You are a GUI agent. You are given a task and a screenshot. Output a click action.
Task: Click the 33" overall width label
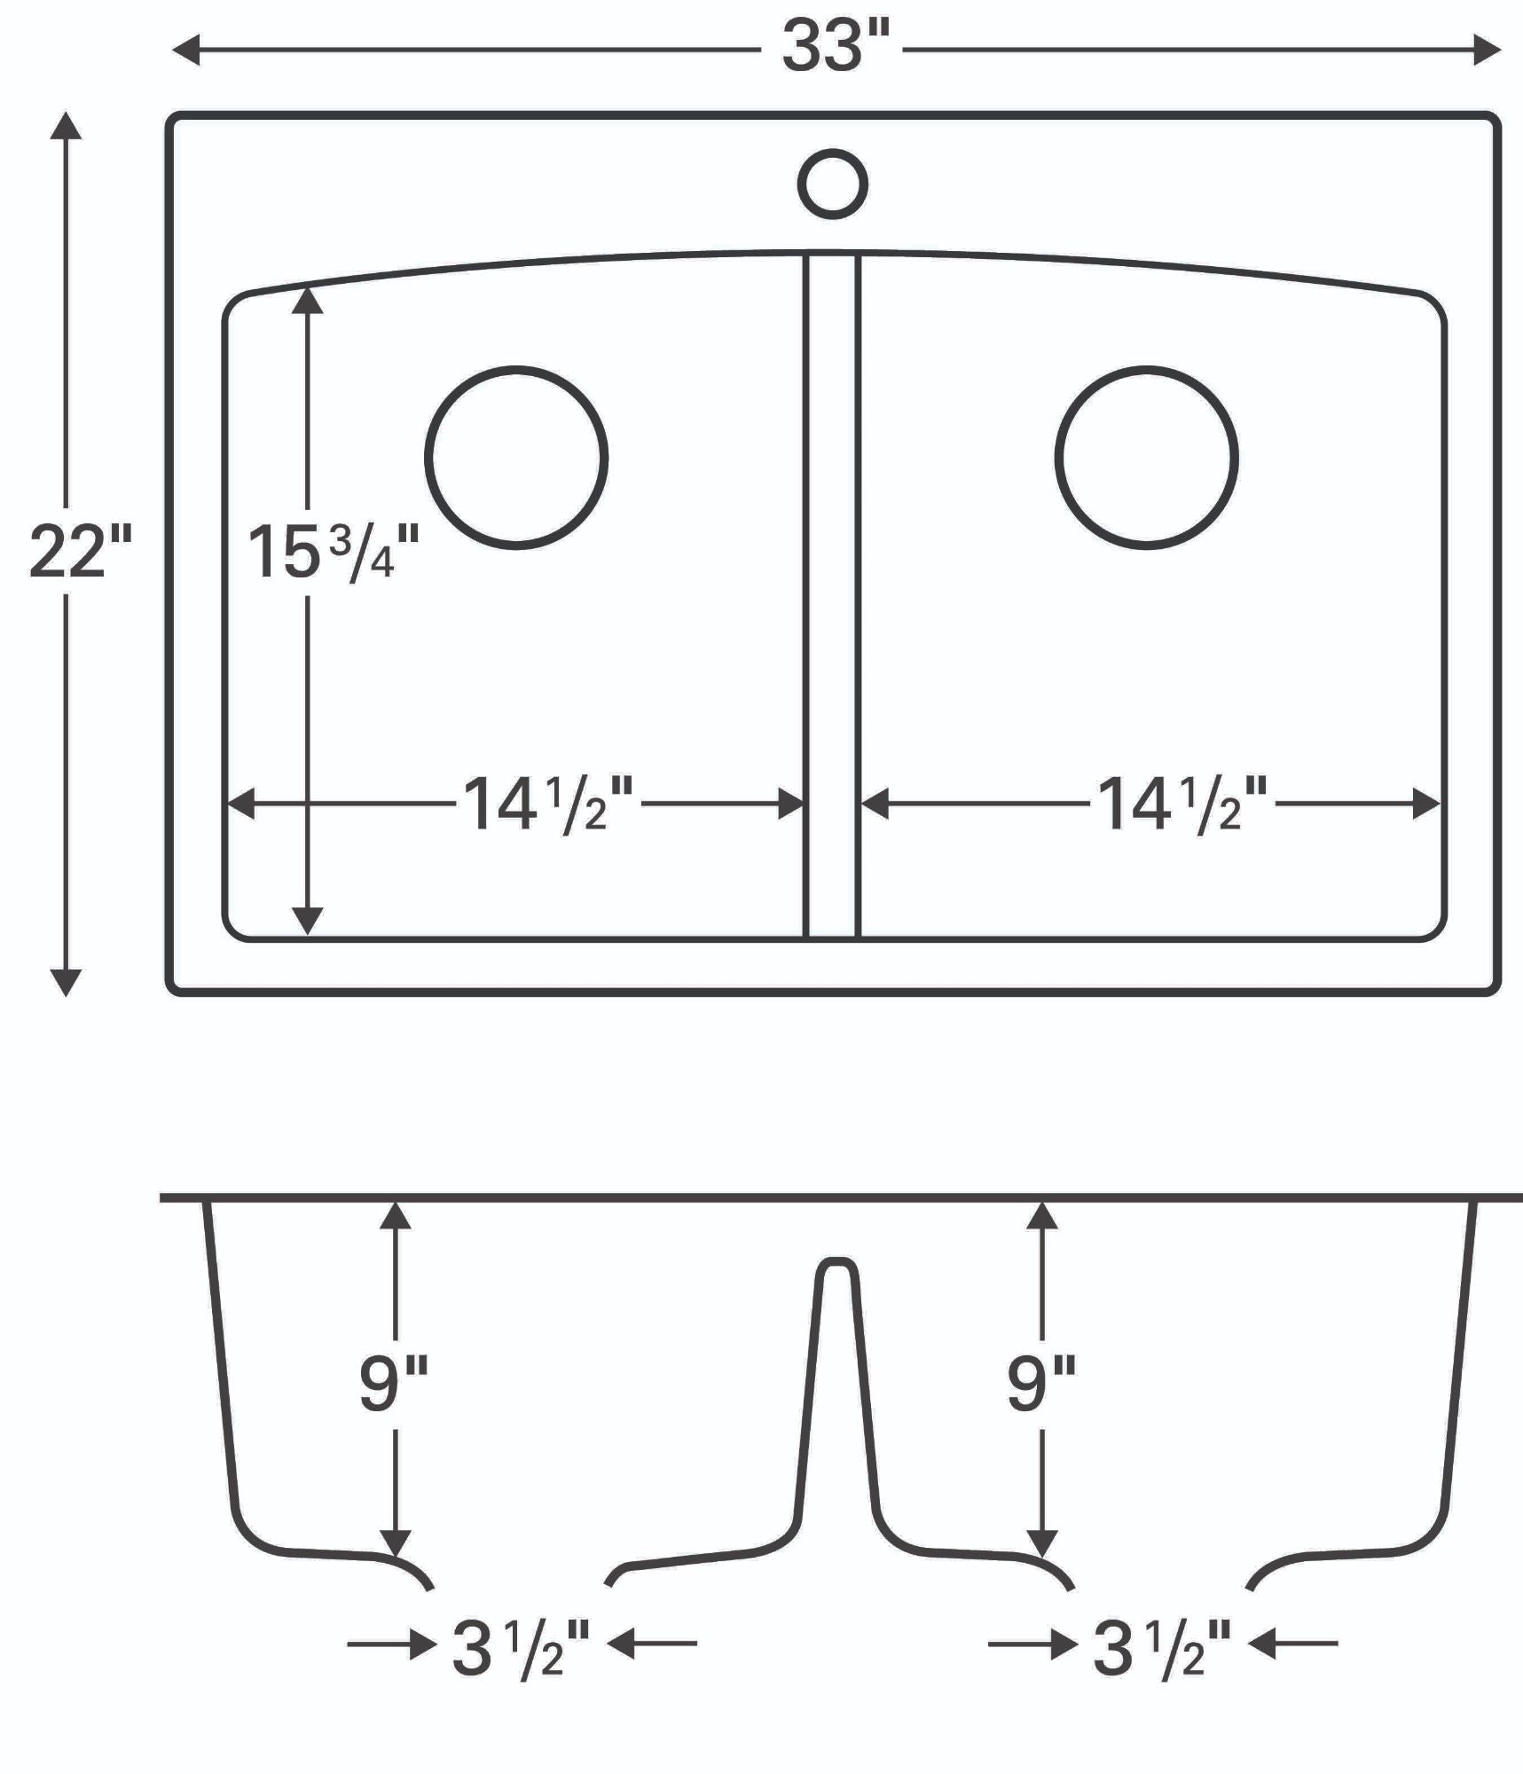[834, 47]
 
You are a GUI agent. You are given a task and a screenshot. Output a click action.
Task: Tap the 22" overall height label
[80, 552]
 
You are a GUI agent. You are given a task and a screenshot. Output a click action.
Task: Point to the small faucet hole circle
[832, 184]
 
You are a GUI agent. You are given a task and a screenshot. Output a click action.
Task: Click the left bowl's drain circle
[516, 458]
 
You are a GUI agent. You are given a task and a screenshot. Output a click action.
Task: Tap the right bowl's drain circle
[1146, 458]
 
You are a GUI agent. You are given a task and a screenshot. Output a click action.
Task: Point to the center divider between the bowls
[831, 594]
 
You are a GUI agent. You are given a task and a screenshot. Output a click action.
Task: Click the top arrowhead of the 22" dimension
[66, 126]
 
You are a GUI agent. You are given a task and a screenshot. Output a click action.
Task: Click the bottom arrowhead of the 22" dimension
[66, 982]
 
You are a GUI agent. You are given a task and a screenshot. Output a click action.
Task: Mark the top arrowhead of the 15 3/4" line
[307, 301]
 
